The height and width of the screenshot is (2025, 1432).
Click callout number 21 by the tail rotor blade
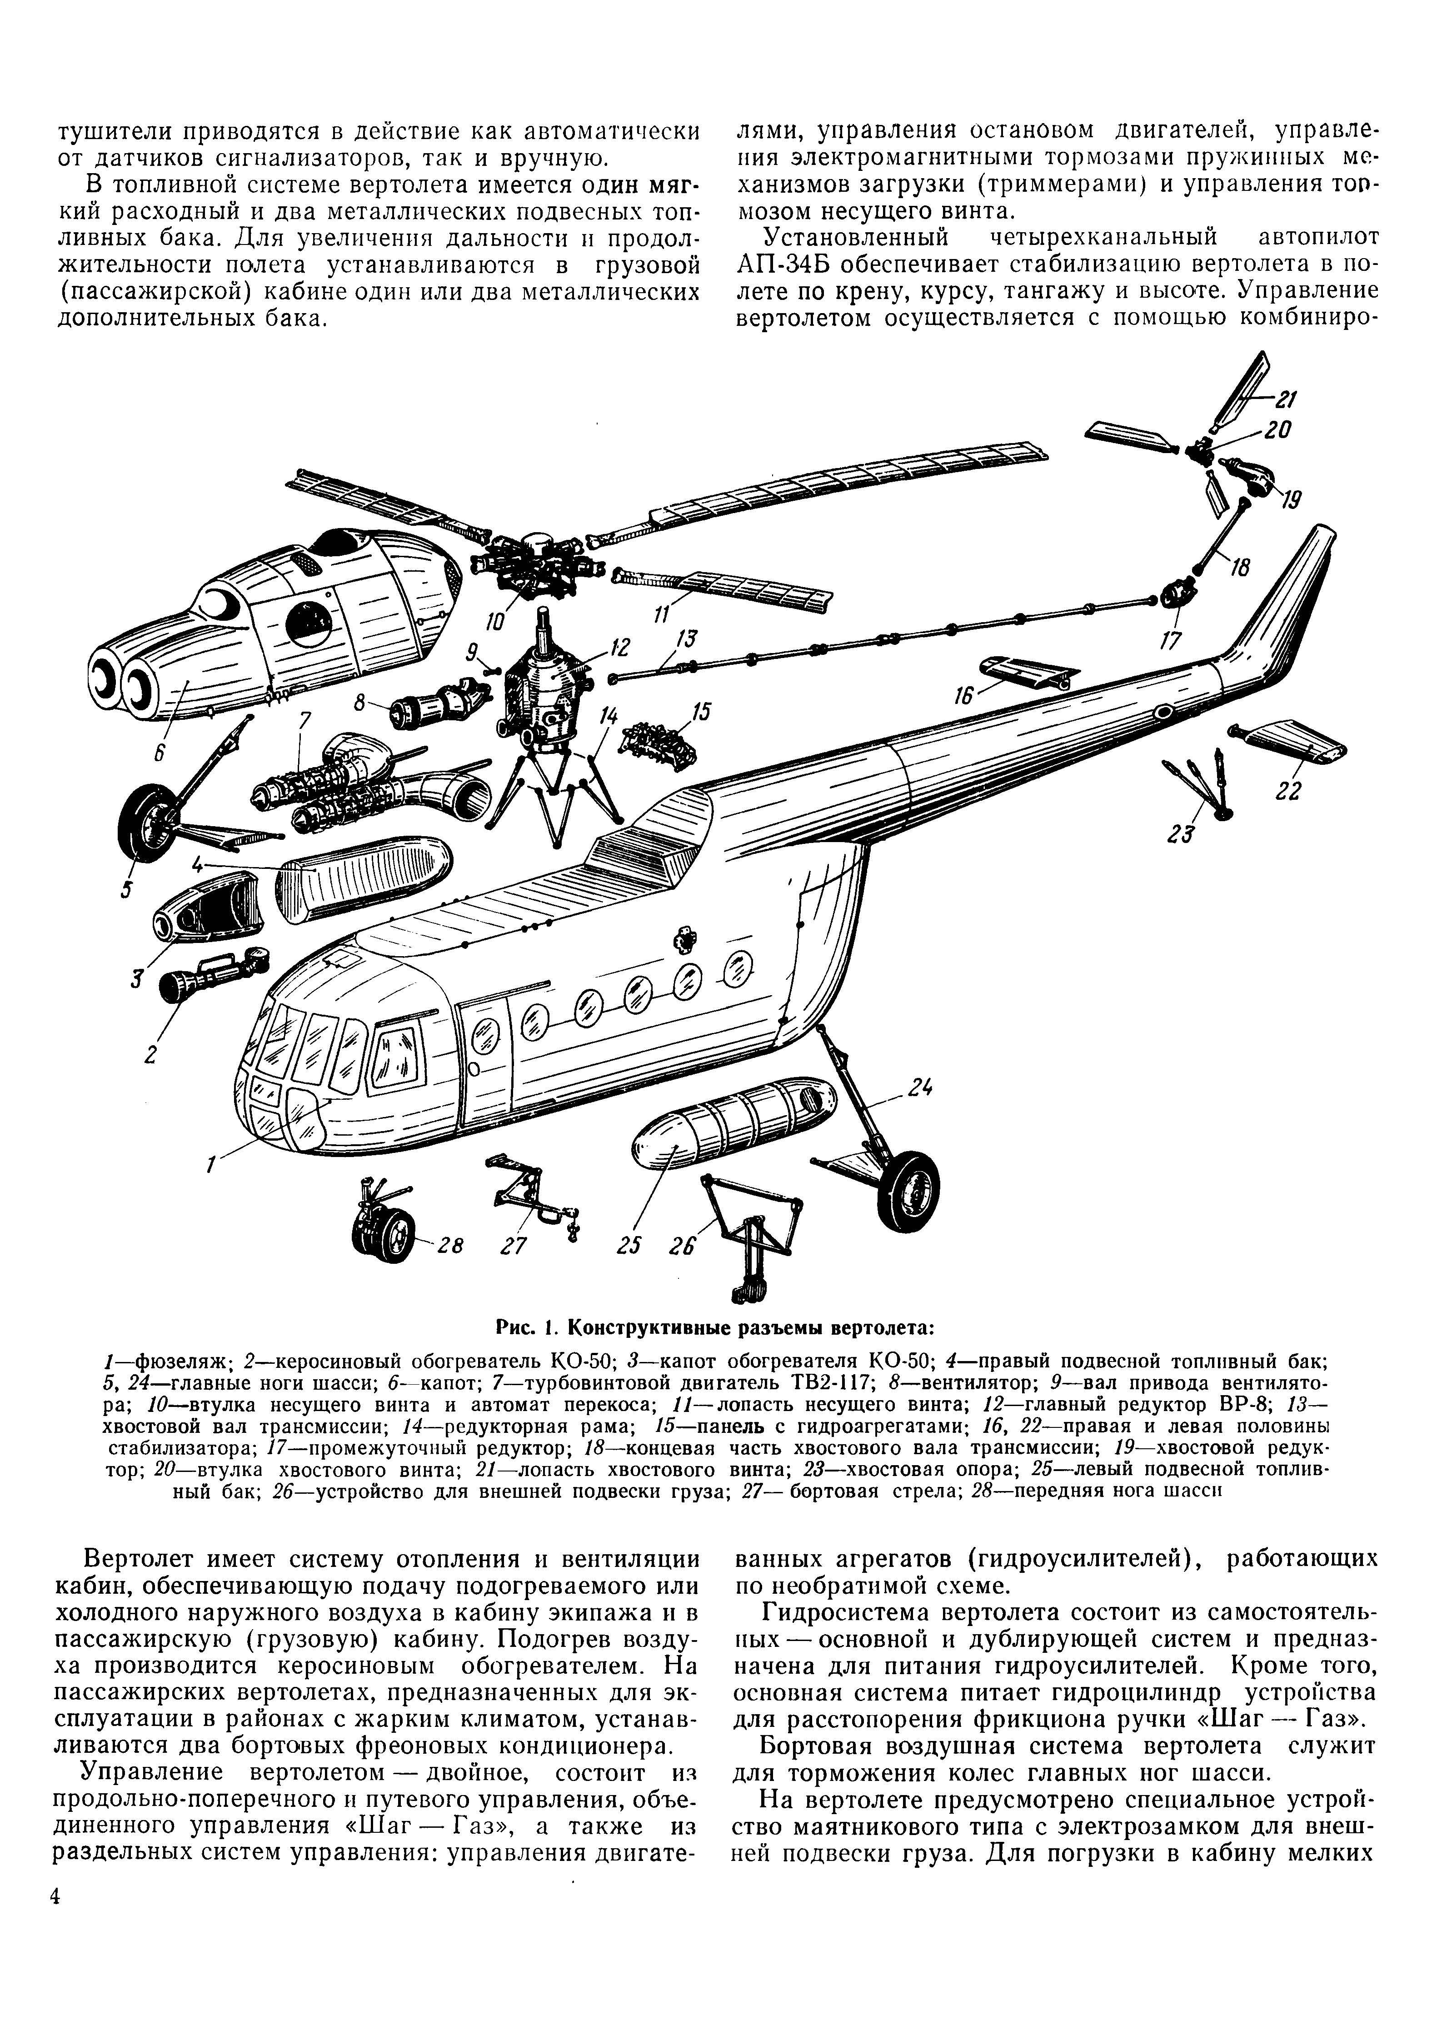[1286, 399]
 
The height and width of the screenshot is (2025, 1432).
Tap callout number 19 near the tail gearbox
[1290, 500]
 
